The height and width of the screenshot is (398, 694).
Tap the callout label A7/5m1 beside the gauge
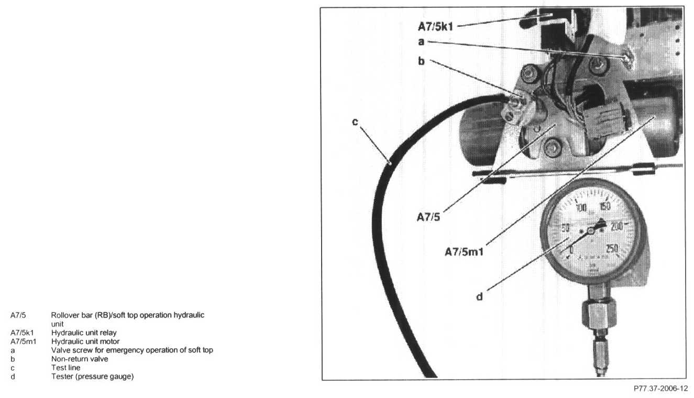click(x=464, y=252)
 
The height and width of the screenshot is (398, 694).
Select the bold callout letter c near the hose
click(x=355, y=122)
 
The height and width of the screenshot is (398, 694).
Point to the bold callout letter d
click(x=479, y=297)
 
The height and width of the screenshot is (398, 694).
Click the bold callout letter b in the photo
click(x=421, y=61)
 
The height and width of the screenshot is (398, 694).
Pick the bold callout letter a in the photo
click(x=421, y=41)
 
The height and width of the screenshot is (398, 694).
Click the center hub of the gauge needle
click(x=591, y=230)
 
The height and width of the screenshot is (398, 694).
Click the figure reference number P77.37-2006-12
click(x=659, y=389)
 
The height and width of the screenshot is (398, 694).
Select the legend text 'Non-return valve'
click(x=80, y=359)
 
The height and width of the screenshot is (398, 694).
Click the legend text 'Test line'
click(x=65, y=368)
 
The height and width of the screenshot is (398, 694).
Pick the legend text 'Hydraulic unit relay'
click(x=84, y=332)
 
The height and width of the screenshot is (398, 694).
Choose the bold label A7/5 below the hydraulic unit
click(x=428, y=218)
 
